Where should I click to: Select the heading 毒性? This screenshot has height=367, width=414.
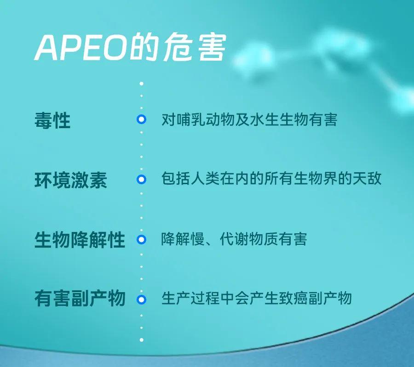click(x=52, y=120)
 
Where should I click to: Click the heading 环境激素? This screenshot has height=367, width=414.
click(x=71, y=180)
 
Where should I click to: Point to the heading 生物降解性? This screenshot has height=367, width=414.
click(x=80, y=240)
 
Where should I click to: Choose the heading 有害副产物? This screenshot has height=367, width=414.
click(x=80, y=299)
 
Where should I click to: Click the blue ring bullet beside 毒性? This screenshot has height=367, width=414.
click(x=142, y=119)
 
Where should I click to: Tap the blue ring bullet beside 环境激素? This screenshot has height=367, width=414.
click(x=142, y=179)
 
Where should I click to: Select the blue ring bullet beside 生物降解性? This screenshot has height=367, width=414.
click(x=142, y=239)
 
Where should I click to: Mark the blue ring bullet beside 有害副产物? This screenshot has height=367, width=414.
click(x=142, y=299)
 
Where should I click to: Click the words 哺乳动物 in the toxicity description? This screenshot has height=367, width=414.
click(x=206, y=120)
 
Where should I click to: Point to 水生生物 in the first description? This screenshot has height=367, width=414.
click(x=279, y=120)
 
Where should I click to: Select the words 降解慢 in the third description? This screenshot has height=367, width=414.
click(x=183, y=239)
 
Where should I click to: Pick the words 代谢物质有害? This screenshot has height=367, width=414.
click(x=263, y=239)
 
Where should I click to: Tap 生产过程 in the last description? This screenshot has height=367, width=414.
click(x=190, y=298)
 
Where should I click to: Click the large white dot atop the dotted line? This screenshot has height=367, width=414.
click(x=142, y=84)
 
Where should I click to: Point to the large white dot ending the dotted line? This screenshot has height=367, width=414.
click(x=142, y=340)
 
